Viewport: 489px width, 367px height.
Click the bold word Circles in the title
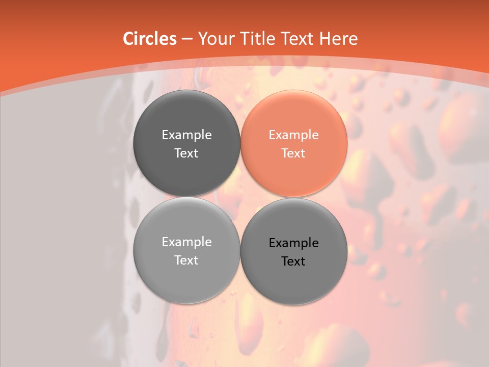149,39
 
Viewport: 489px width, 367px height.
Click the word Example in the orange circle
293,135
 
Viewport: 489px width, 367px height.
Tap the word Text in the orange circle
293,153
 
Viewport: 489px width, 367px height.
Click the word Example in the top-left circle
186,135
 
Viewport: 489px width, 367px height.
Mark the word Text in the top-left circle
186,153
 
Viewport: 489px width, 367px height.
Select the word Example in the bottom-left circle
186,242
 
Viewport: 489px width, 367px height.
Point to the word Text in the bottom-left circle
186,260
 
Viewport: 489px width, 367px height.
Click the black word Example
293,243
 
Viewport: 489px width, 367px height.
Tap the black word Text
293,261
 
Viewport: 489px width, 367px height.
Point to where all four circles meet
240,197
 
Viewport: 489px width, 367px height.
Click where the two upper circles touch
240,144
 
